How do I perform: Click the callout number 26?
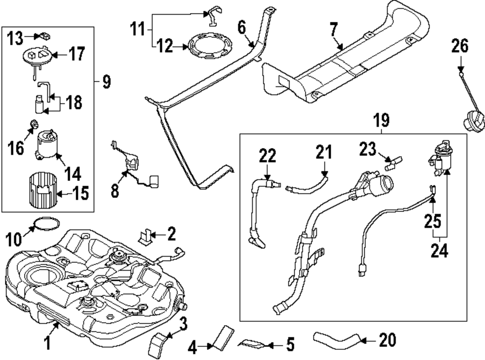(460, 47)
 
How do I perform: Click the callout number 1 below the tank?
(48, 344)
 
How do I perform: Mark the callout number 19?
(382, 119)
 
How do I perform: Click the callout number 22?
(267, 155)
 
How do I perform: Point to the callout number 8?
(114, 190)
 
